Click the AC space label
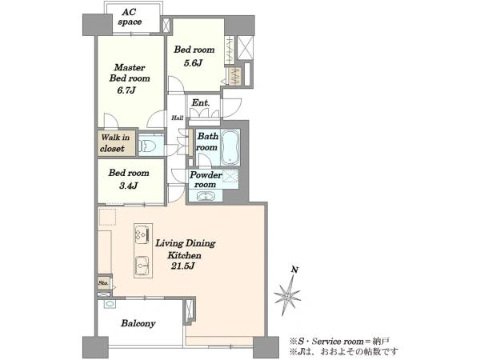click(x=130, y=17)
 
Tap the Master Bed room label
click(x=130, y=73)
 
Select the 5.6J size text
click(x=193, y=63)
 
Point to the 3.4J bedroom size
click(x=128, y=186)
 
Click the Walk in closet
click(x=116, y=143)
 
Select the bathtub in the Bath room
click(x=230, y=147)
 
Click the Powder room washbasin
click(x=206, y=196)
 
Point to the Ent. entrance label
click(x=201, y=103)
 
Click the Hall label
click(x=178, y=118)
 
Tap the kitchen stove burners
click(x=142, y=234)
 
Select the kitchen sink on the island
click(x=142, y=266)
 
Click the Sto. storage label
click(x=103, y=283)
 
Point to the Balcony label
click(x=138, y=323)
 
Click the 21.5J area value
click(x=182, y=266)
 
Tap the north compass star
click(x=287, y=295)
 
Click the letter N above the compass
click(x=294, y=270)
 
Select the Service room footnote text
click(x=340, y=341)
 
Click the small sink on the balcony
click(x=110, y=304)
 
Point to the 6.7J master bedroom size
click(x=126, y=90)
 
